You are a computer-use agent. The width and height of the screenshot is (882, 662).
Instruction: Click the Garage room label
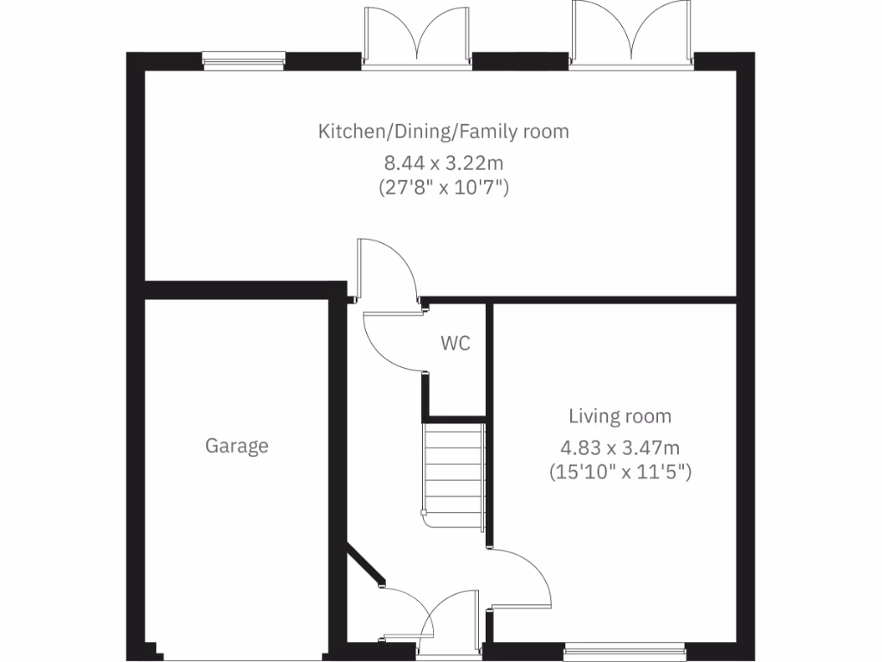(237, 446)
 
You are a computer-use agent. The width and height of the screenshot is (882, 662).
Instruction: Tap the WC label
(456, 343)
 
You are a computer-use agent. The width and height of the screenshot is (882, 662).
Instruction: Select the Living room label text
(619, 417)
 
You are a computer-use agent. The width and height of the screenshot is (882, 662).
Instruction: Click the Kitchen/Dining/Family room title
(444, 132)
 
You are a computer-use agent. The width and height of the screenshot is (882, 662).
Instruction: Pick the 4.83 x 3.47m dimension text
(620, 447)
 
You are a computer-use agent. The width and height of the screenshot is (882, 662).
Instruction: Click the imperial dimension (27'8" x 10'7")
(444, 186)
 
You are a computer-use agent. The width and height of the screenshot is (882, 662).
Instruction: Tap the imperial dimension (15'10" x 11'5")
(620, 472)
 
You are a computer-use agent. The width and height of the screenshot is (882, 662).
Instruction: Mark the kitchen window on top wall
(244, 59)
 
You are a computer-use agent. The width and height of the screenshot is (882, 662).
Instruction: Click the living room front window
(625, 646)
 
